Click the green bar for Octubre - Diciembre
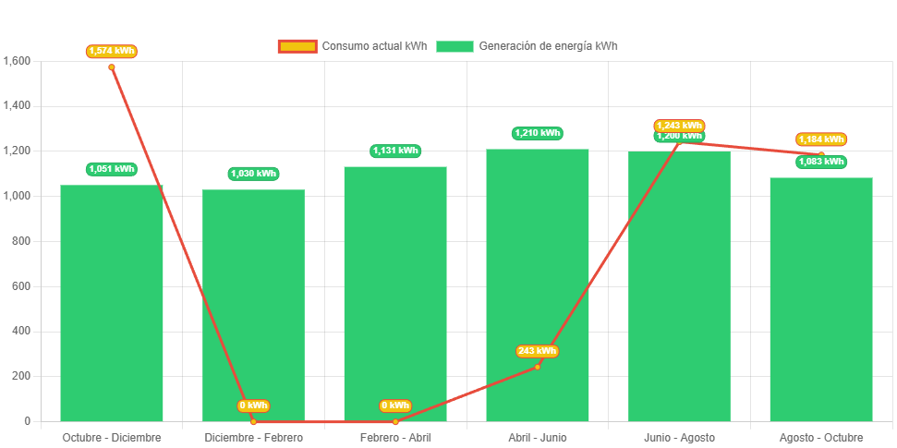click(112, 305)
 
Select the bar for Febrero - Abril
click(395, 296)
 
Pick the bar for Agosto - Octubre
click(821, 300)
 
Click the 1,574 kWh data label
click(112, 51)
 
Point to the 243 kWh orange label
click(537, 351)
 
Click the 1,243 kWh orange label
click(679, 126)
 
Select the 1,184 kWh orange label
click(821, 139)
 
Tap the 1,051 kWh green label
click(112, 169)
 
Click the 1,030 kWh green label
click(253, 174)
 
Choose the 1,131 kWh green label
click(395, 151)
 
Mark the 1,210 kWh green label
click(538, 133)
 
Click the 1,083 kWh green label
click(821, 162)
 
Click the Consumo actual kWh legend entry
click(353, 46)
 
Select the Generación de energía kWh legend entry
click(527, 46)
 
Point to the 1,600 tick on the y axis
click(18, 61)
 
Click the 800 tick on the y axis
click(21, 241)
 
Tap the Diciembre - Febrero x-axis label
click(253, 437)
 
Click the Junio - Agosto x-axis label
click(679, 437)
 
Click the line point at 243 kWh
click(538, 367)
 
